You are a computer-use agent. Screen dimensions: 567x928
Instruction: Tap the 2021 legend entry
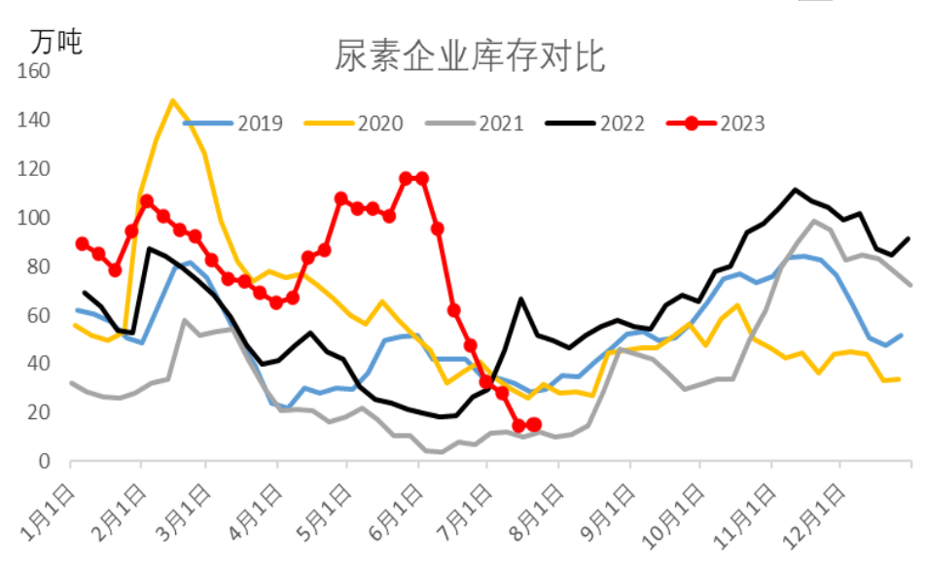tap(501, 124)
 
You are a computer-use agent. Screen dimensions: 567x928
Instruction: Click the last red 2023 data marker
tap(534, 424)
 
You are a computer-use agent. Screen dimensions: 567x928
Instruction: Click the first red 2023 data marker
tap(82, 244)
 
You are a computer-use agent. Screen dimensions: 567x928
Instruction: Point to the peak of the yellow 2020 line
tap(172, 100)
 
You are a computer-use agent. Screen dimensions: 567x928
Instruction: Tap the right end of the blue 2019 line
tap(902, 335)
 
